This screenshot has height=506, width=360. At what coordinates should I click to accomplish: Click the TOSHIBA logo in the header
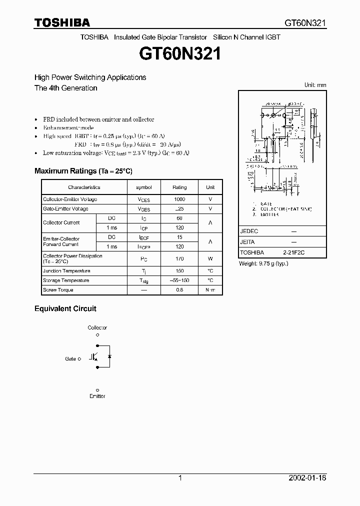(x=62, y=22)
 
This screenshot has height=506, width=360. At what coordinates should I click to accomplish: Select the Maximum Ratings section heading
(x=83, y=171)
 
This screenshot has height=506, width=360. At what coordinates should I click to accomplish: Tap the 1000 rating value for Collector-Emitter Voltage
(x=179, y=199)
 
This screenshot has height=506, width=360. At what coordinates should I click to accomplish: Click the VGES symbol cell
(x=143, y=209)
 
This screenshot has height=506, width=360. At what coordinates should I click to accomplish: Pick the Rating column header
(x=179, y=187)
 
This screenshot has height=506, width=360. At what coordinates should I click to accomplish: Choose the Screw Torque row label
(x=58, y=290)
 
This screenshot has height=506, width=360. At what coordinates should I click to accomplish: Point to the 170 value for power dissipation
(x=179, y=258)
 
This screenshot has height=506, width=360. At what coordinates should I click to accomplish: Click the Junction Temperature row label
(x=66, y=271)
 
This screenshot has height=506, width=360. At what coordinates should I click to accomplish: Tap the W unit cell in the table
(x=210, y=258)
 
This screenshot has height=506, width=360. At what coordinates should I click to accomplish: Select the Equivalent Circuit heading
(x=65, y=309)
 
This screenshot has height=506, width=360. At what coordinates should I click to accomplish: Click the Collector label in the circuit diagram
(x=97, y=328)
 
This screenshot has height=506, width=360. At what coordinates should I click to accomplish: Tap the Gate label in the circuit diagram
(x=70, y=359)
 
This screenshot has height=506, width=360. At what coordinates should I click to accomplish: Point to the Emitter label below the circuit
(x=97, y=396)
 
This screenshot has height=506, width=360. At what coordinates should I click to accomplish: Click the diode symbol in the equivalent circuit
(x=110, y=356)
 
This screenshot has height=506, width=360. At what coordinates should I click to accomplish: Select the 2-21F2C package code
(x=293, y=253)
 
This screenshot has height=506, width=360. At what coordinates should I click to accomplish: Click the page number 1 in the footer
(x=180, y=478)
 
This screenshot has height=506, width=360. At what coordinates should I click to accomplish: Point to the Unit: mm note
(x=315, y=85)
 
